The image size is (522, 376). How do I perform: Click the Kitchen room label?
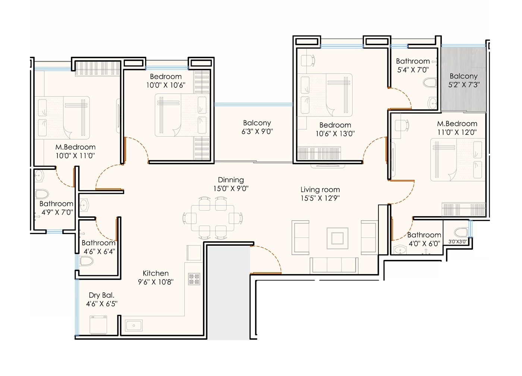click(x=155, y=273)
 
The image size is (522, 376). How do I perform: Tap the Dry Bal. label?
click(x=101, y=295)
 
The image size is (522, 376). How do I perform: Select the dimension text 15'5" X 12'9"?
click(x=320, y=198)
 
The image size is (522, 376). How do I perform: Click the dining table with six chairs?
click(x=213, y=218)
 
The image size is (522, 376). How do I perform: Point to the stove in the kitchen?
click(x=194, y=279)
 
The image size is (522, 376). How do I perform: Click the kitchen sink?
click(x=133, y=326)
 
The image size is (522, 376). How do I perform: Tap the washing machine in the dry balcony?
click(x=98, y=325)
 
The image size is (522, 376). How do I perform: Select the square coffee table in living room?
click(x=337, y=238)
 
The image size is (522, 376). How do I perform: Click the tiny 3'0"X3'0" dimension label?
click(x=457, y=242)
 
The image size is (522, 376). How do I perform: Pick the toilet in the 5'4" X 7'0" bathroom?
click(x=430, y=83)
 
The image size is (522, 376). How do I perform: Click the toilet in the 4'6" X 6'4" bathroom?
click(x=86, y=261)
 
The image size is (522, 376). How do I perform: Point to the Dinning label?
click(x=231, y=180)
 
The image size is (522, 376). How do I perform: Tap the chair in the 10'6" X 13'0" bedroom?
click(x=308, y=60)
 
